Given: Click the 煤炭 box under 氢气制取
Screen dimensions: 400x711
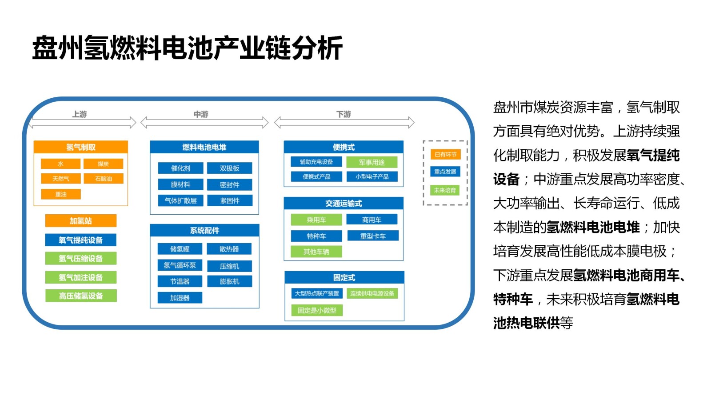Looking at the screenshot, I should pos(103,164).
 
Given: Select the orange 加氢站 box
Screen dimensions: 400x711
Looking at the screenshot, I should pos(81,221).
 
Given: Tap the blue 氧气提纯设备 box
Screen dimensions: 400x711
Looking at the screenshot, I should pos(81,240).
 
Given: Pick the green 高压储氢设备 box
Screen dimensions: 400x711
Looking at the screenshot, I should pos(81,296).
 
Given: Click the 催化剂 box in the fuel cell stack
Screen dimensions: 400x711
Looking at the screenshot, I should pos(180,168).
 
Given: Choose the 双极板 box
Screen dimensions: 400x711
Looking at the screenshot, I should pos(229,168).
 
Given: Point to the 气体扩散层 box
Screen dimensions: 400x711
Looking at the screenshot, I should pos(180,200).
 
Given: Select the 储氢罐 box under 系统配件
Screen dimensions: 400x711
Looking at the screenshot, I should pos(180,249).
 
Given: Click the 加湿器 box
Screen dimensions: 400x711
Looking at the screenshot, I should pos(180,297).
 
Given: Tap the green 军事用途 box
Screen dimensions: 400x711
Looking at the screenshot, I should pos(372,162).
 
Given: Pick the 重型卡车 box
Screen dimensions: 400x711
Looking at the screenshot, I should pos(373,236).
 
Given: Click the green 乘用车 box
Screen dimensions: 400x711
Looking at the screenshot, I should pos(316,220).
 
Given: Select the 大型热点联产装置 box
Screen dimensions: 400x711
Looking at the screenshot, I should pos(317,293).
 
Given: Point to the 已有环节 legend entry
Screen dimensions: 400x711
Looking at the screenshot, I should pos(445,154).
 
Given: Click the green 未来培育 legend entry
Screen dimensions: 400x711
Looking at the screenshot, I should pos(445,190).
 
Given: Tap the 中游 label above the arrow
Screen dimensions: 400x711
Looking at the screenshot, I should pos(201,114).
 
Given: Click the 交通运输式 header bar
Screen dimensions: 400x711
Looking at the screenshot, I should pos(344,203).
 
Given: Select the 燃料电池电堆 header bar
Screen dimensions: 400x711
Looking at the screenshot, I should pos(204,147).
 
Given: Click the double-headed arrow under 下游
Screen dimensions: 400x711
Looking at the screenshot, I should pos(344,122).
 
